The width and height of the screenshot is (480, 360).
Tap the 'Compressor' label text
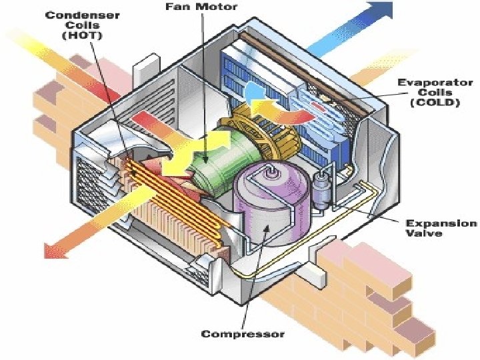tap(242, 333)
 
